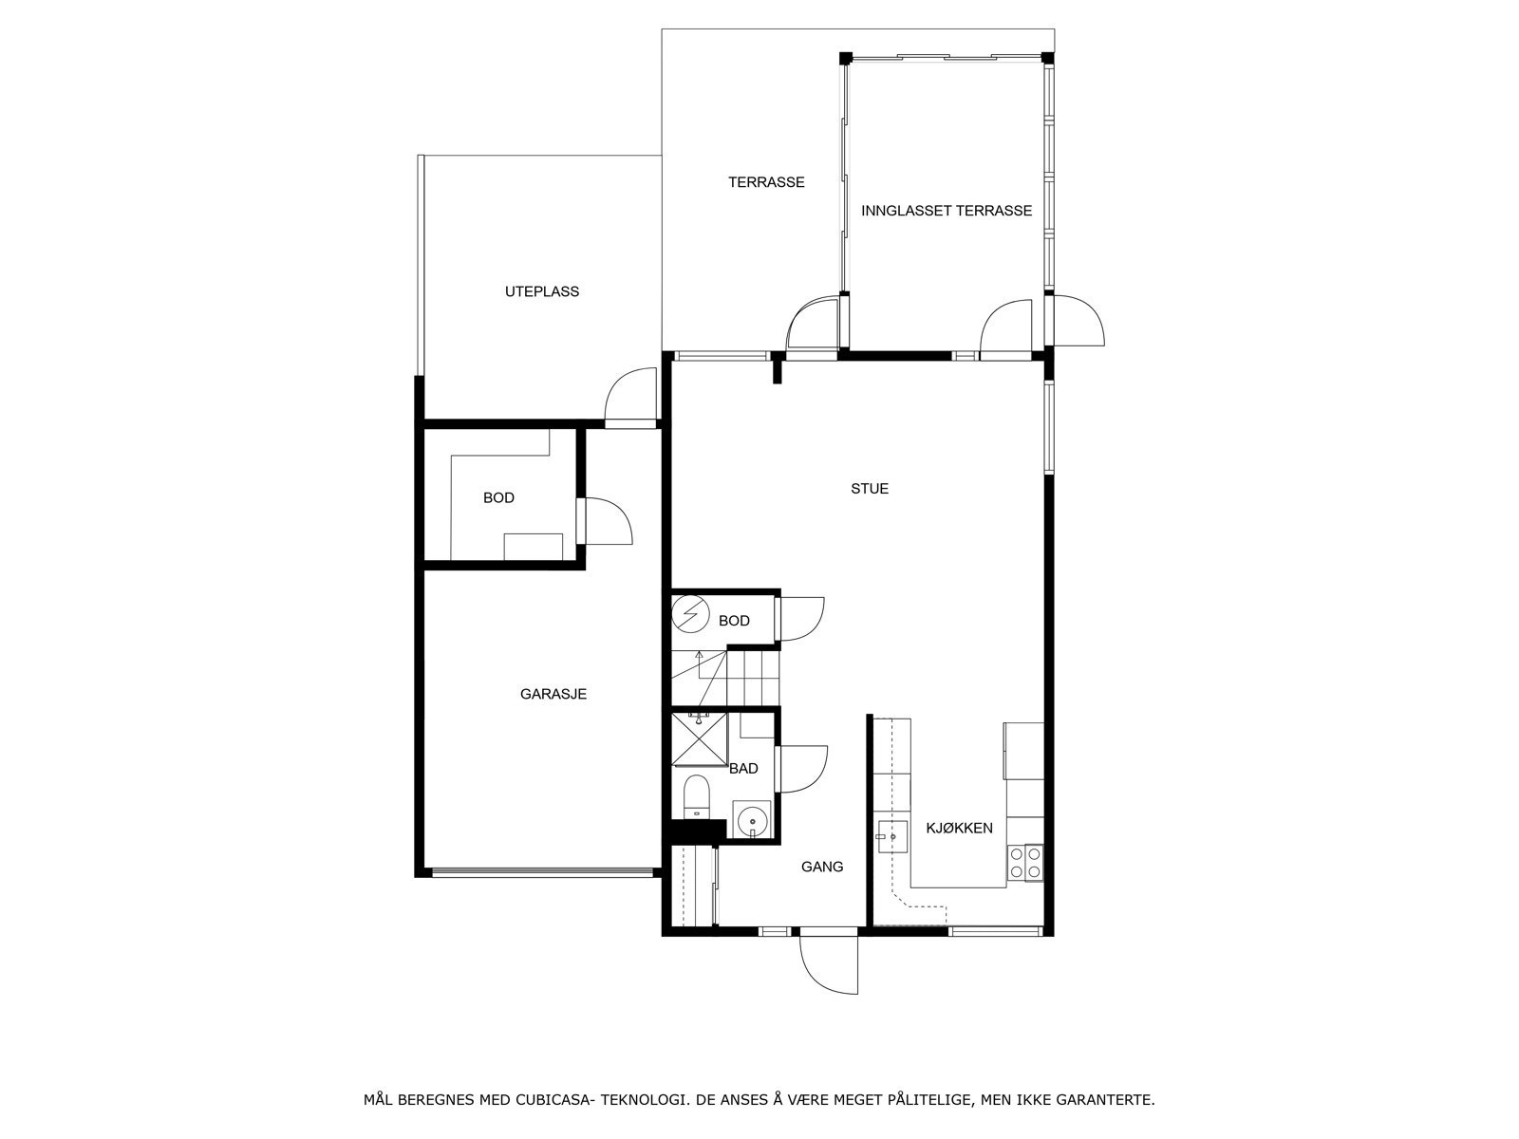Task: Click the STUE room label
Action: [870, 489]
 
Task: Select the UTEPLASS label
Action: [542, 291]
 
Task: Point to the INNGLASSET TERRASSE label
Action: [947, 211]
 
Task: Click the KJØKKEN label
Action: [959, 828]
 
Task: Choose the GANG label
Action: [822, 867]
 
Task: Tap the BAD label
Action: [743, 768]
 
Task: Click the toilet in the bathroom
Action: [697, 795]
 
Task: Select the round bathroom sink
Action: [753, 818]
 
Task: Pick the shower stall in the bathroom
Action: [698, 738]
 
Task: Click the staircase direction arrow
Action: [700, 658]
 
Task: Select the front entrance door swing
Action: [829, 963]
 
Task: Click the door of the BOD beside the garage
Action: [608, 521]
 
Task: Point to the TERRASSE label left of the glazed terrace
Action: [766, 182]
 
